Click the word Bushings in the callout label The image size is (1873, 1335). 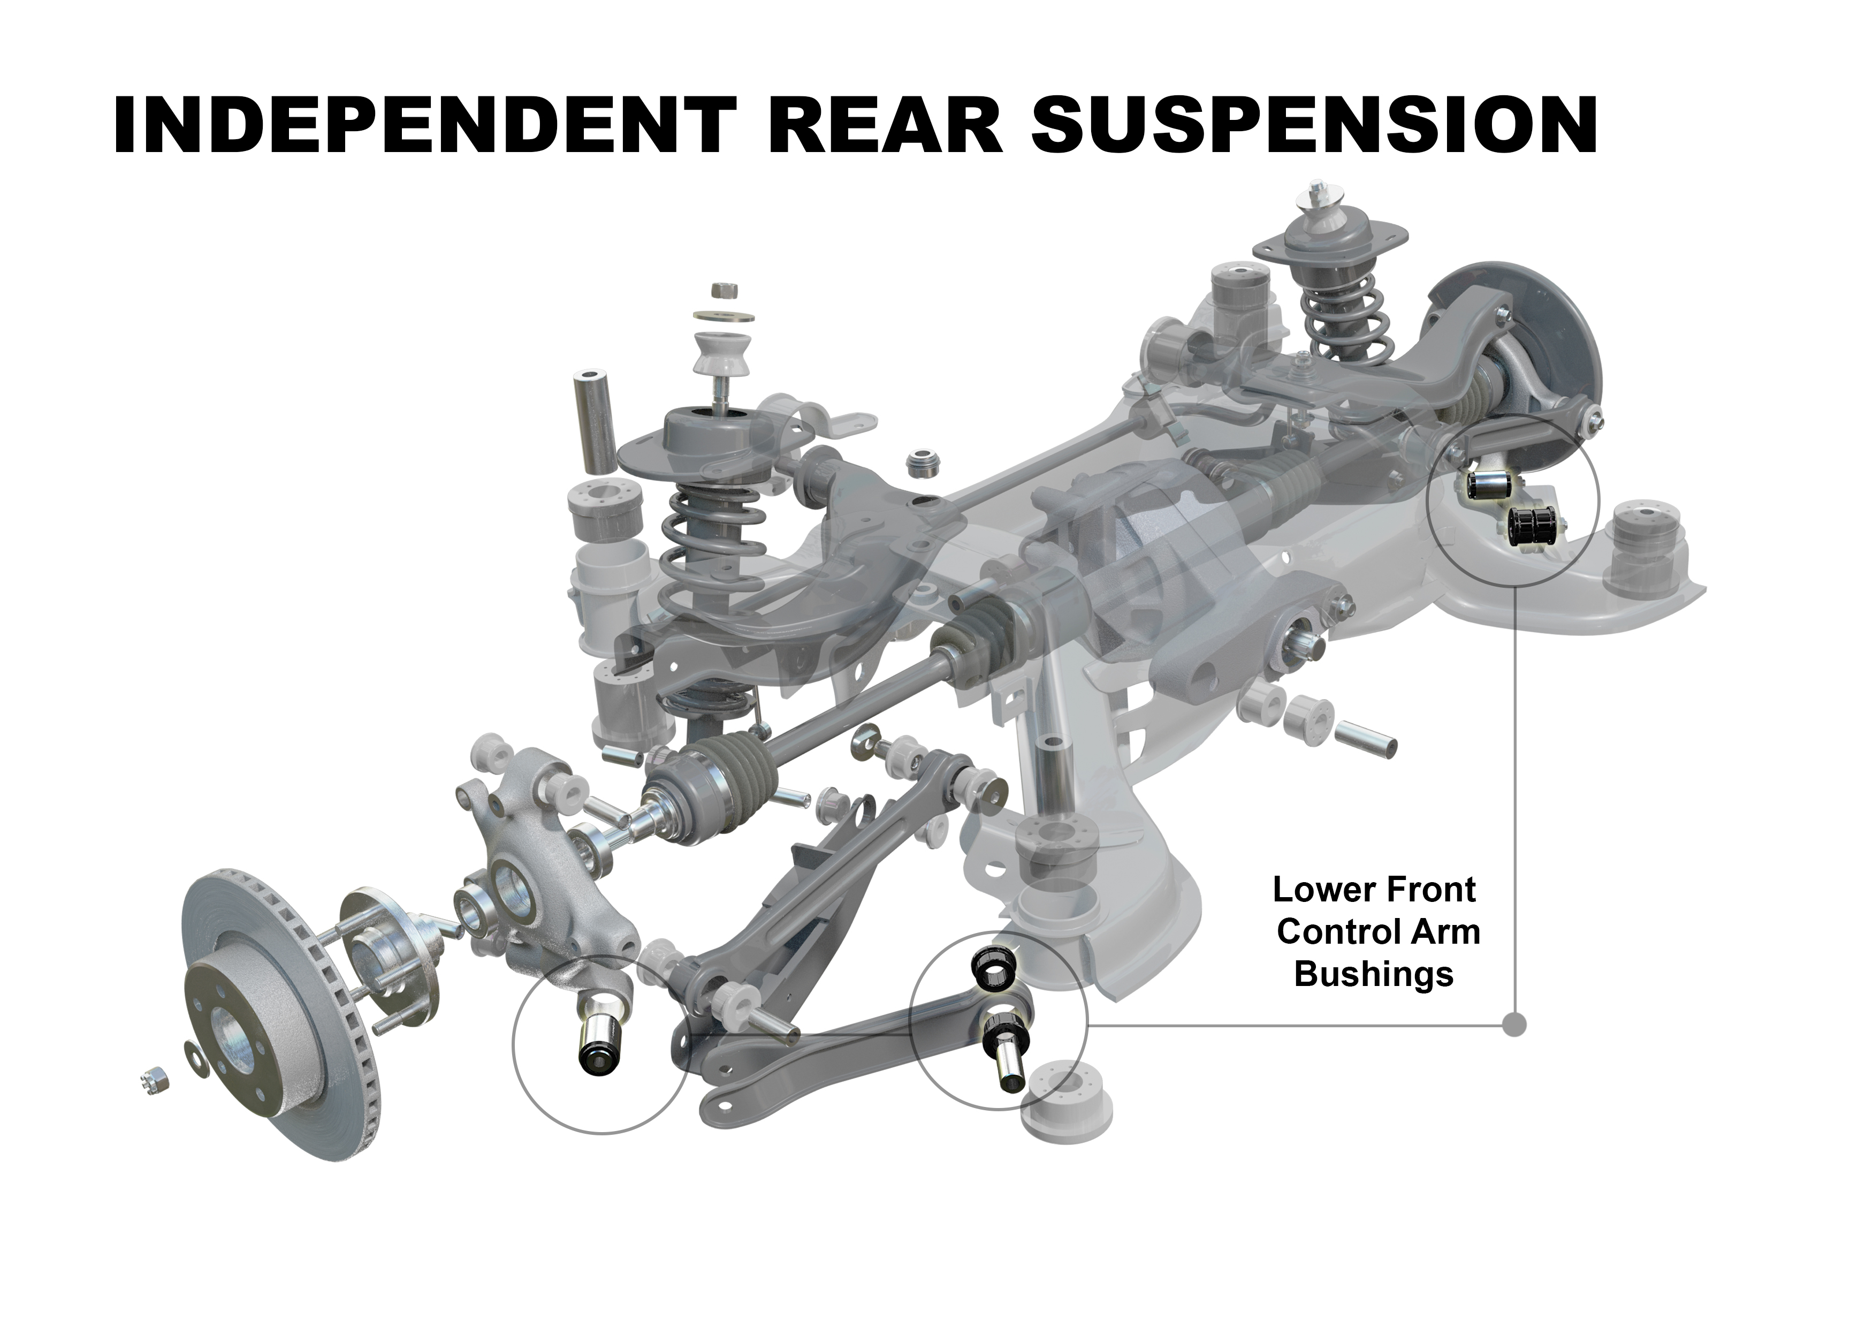click(x=1374, y=974)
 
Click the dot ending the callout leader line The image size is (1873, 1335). click(x=1514, y=1025)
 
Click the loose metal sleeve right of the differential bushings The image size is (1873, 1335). click(x=1365, y=738)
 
